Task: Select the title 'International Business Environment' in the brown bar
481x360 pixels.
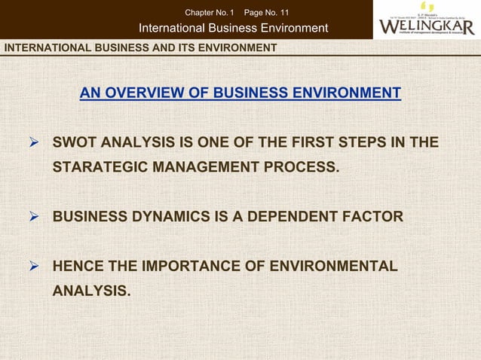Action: (234, 29)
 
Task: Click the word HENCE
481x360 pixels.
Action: (78, 266)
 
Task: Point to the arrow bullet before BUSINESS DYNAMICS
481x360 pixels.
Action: (32, 217)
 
